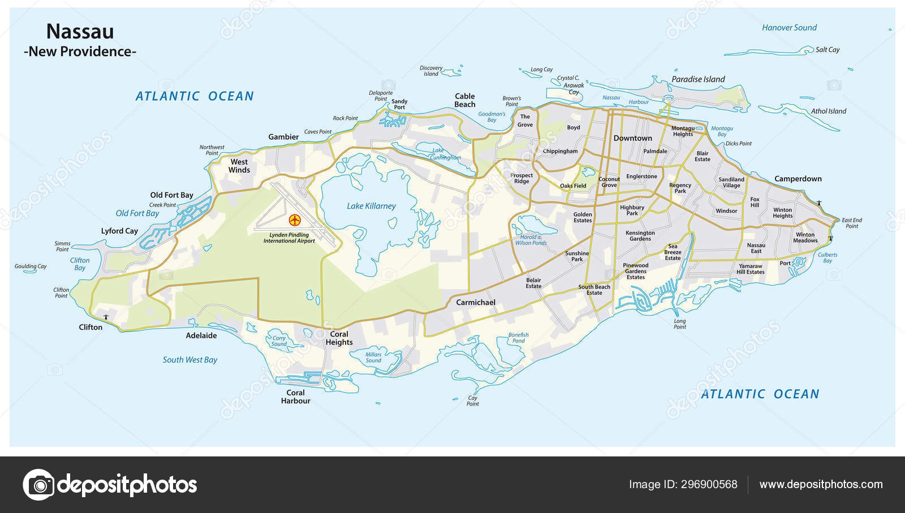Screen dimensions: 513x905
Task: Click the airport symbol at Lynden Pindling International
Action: (294, 219)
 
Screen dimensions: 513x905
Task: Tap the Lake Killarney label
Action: (371, 206)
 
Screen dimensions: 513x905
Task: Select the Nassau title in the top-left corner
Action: (80, 31)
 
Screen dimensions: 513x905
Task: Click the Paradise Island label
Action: (698, 79)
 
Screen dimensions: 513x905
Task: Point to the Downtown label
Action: (632, 138)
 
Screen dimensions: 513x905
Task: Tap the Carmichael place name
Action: (475, 303)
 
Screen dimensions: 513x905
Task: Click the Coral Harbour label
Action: (295, 396)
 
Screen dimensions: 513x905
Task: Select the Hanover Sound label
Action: (789, 28)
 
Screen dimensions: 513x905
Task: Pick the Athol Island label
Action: (828, 111)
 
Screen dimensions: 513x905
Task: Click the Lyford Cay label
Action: (119, 231)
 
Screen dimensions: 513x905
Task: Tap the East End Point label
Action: (851, 223)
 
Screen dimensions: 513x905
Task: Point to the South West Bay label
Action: (190, 360)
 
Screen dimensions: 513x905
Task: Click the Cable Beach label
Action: (464, 100)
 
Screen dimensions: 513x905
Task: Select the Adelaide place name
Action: (201, 335)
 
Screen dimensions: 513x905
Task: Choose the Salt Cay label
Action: (827, 50)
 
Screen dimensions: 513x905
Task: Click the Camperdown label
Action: (798, 179)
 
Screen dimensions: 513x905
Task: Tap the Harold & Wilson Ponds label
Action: (531, 240)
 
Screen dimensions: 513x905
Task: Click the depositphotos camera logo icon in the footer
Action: (38, 485)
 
